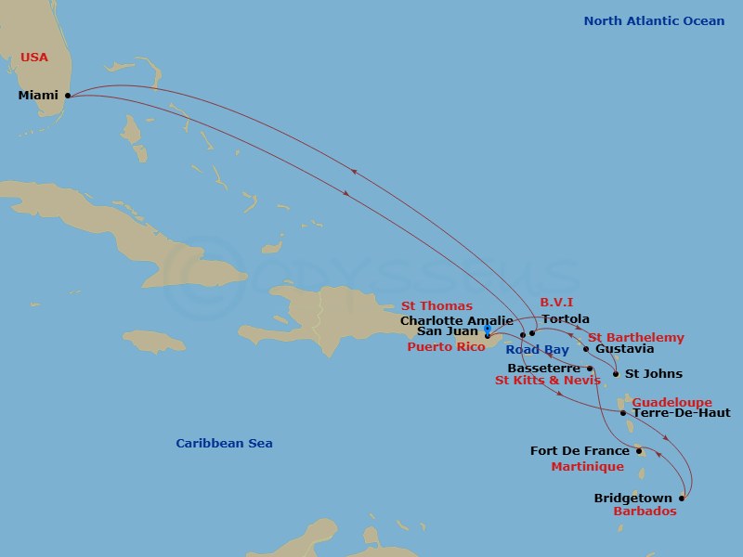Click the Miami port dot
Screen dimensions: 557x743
(68, 95)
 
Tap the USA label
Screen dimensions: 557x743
(33, 58)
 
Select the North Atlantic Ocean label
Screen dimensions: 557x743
(654, 21)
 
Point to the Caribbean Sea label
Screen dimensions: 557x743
(224, 444)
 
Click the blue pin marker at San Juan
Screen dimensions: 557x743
(488, 330)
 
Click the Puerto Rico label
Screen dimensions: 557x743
(446, 346)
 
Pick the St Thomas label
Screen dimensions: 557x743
(437, 306)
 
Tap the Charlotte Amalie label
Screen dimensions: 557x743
(456, 321)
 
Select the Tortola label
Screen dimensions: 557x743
(566, 319)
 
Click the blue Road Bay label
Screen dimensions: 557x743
(538, 350)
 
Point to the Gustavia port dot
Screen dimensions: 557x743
(586, 349)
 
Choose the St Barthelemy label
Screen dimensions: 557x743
(636, 338)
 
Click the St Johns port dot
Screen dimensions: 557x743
(616, 375)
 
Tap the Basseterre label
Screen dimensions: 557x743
(544, 368)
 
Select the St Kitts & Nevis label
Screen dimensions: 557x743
(547, 381)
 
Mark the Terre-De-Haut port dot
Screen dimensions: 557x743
(623, 412)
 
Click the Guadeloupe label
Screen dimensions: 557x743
(671, 402)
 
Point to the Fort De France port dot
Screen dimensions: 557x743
(639, 451)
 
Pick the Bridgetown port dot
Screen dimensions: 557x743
(683, 499)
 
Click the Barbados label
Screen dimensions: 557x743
(645, 512)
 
